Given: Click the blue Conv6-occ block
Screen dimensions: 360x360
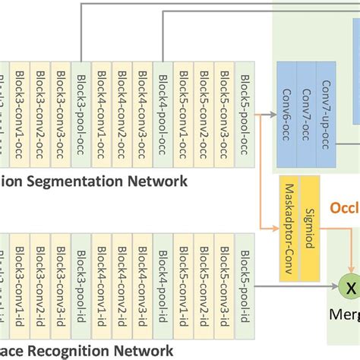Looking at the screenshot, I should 287,114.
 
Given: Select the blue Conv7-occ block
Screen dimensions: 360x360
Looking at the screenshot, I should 307,114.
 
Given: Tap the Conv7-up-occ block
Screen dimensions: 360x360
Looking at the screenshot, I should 327,114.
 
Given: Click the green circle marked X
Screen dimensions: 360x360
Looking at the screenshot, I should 351,288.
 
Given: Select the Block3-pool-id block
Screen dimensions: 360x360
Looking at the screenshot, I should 83,282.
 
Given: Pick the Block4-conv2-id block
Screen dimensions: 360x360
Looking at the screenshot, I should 123,282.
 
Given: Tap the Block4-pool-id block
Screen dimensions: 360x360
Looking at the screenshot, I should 163,282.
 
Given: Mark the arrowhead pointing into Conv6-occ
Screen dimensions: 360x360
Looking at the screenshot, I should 274,115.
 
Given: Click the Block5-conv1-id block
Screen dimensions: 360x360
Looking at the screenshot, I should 183,282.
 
